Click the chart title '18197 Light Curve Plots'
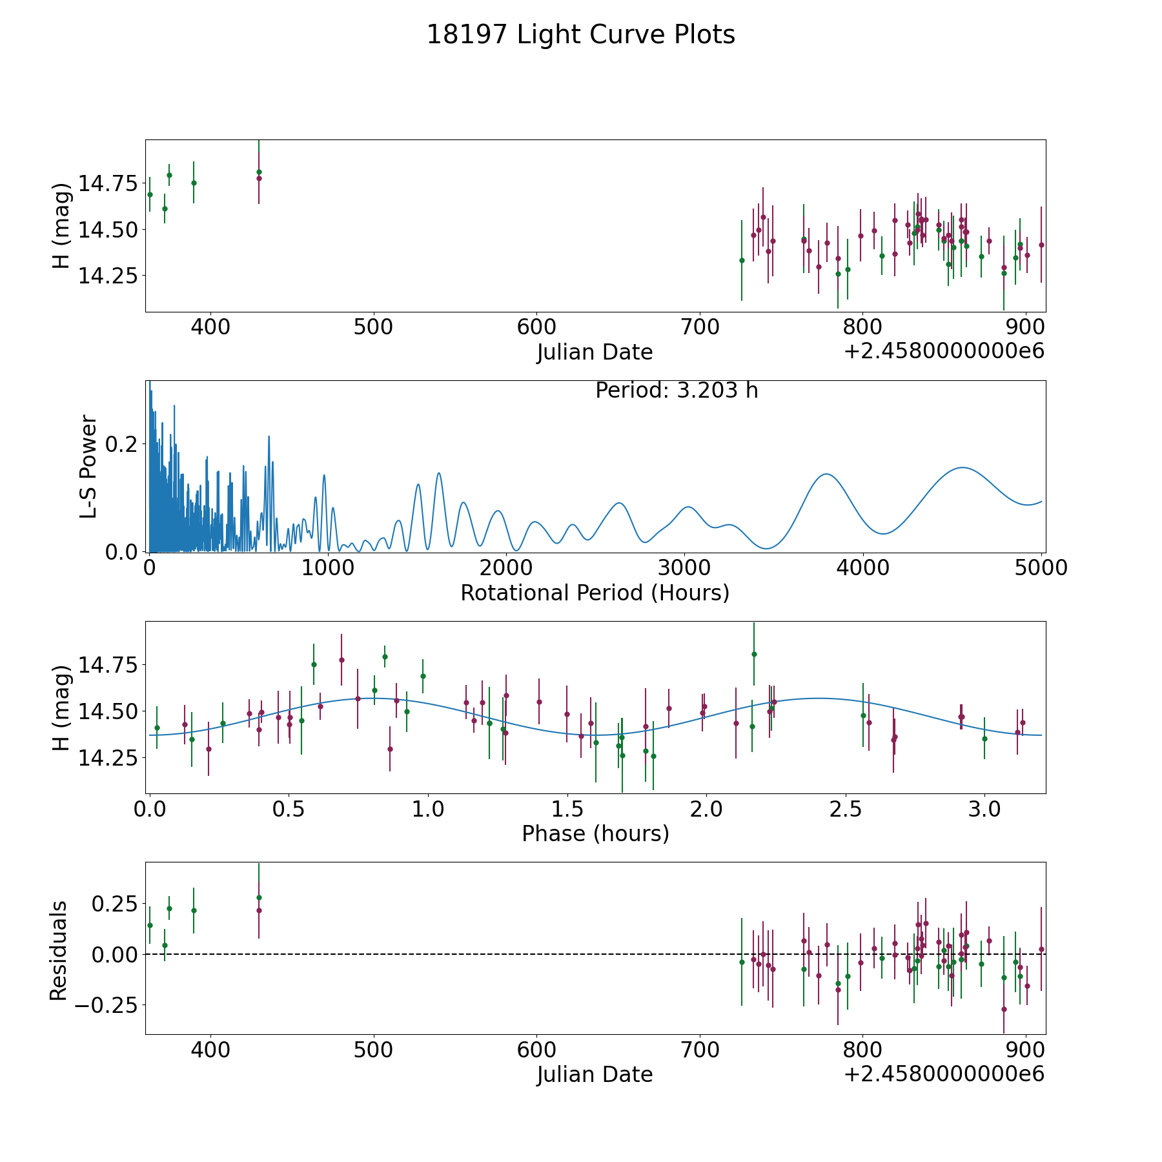coord(581,35)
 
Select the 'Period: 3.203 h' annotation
coord(677,391)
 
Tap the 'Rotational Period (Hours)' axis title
coord(595,593)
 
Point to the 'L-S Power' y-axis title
coord(88,466)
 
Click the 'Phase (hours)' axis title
coord(595,833)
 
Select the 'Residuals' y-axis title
coord(59,951)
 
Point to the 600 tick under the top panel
coord(536,327)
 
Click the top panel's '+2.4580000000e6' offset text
coord(944,351)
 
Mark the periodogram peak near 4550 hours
coord(963,467)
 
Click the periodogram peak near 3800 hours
coord(826,474)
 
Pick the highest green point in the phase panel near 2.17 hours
coord(754,654)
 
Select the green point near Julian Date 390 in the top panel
coord(194,183)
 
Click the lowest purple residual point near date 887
coord(1004,1009)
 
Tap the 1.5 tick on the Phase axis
coord(567,809)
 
